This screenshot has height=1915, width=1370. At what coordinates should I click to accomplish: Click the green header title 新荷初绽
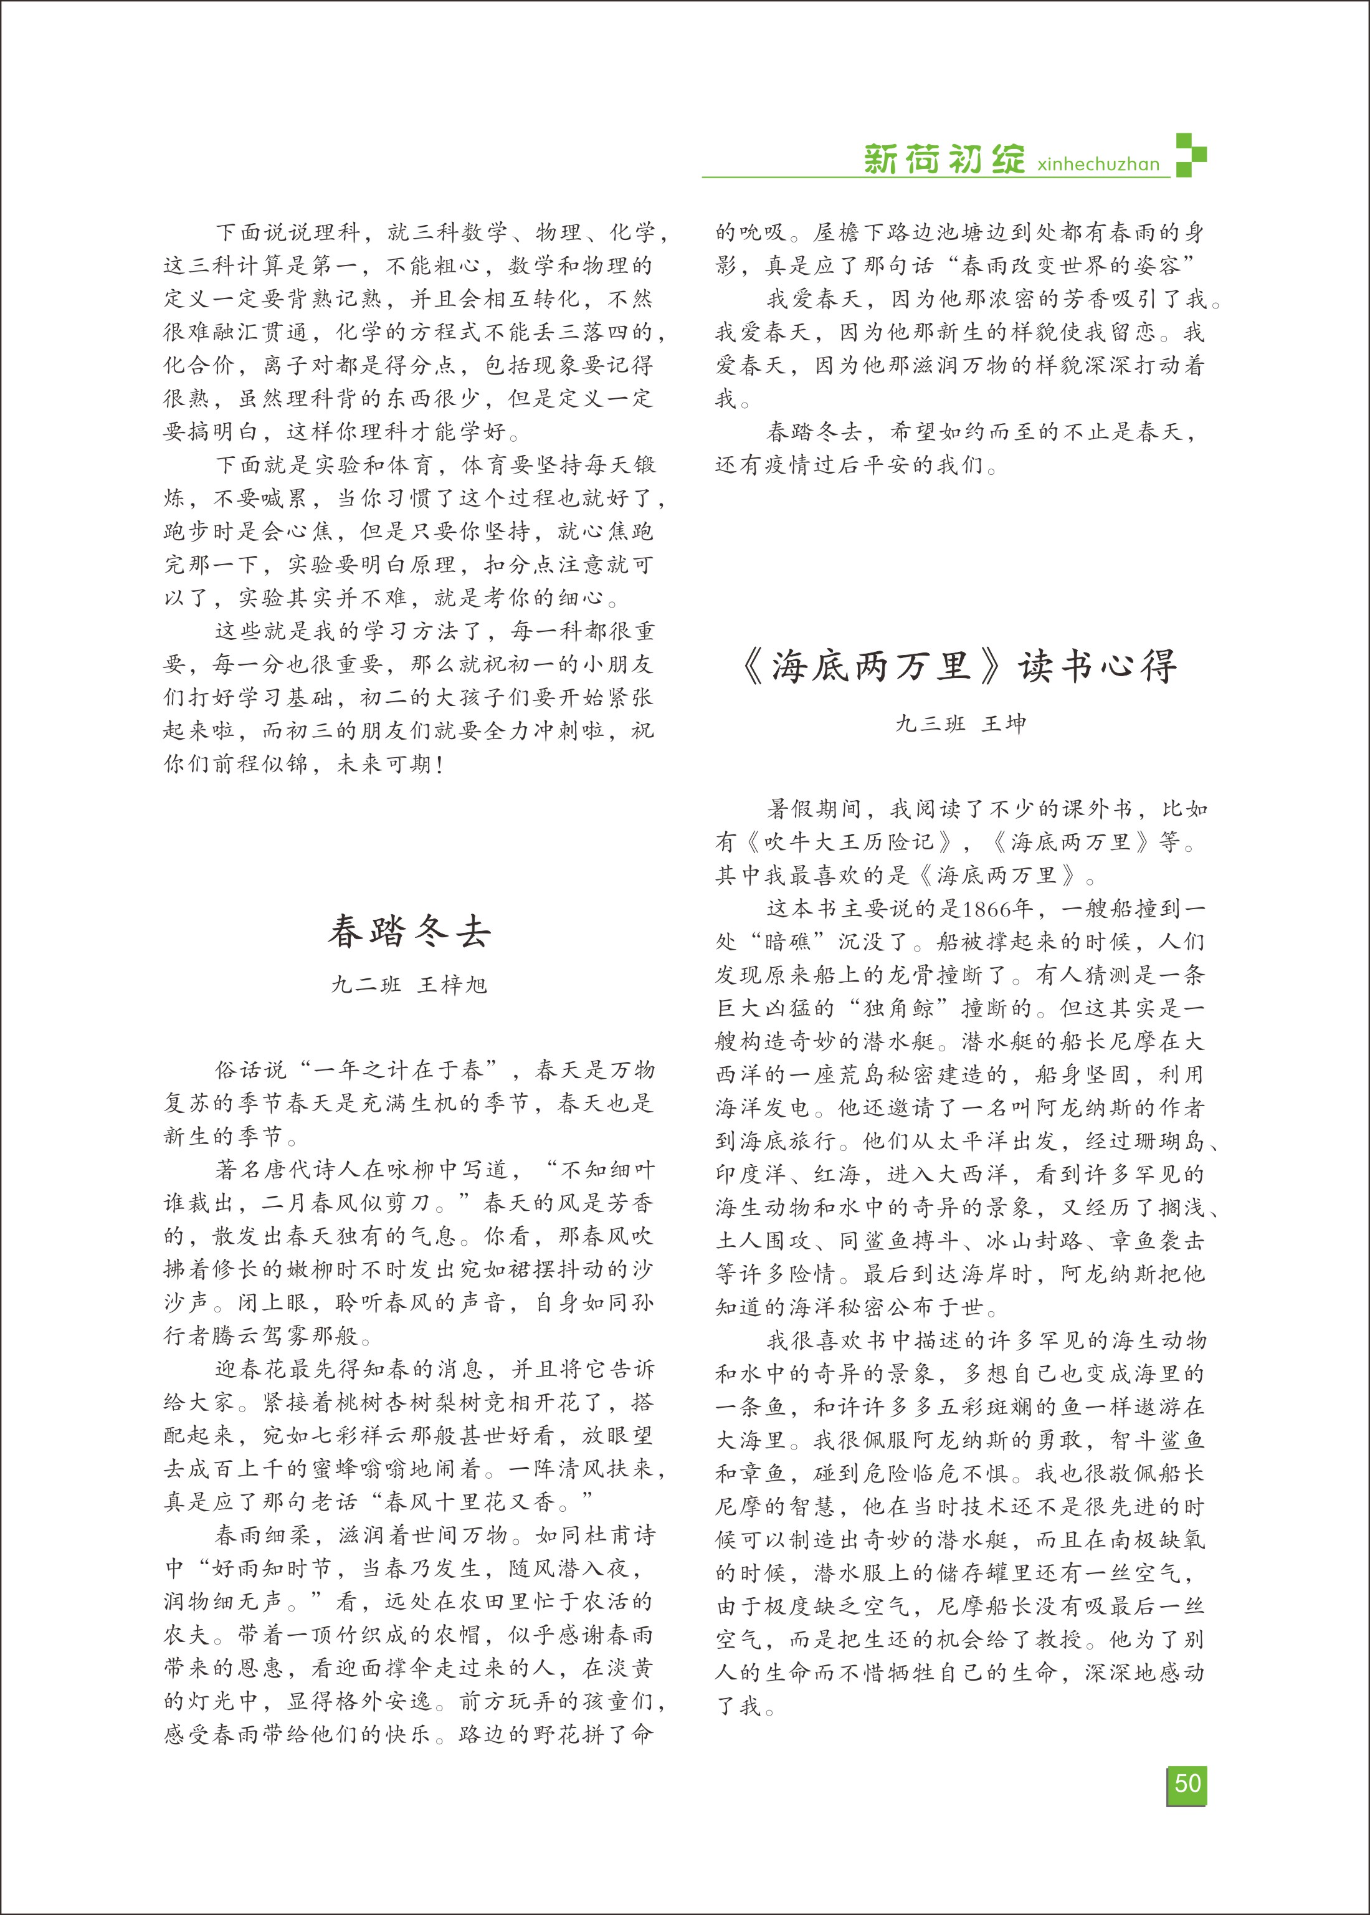pyautogui.click(x=944, y=159)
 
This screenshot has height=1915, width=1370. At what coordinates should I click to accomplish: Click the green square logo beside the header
pyautogui.click(x=1191, y=155)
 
